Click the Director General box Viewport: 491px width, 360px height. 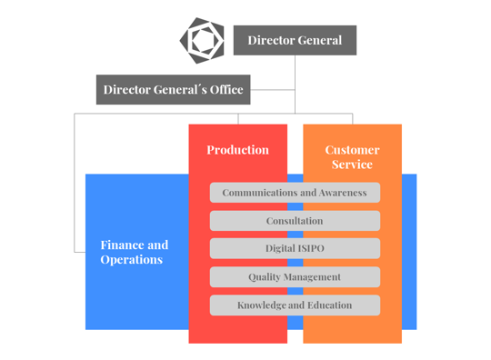pos(295,40)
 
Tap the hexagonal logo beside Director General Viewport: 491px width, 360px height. pos(202,40)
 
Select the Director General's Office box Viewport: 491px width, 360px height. pos(173,89)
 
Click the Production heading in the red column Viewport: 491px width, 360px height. pos(237,150)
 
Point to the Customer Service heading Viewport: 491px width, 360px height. pos(352,156)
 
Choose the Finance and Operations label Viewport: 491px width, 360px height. pos(134,252)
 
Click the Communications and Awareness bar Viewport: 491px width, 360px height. pos(295,193)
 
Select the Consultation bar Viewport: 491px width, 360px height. pos(295,221)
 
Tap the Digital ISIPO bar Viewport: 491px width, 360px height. pos(295,248)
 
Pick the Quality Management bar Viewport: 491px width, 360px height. pos(295,276)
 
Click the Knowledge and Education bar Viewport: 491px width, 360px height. pos(295,305)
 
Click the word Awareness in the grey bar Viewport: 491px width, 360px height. pos(336,193)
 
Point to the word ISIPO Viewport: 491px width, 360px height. pos(309,248)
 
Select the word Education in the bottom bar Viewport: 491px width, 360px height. pos(329,305)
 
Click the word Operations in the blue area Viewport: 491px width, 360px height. pos(132,260)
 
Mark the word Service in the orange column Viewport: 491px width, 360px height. pos(352,165)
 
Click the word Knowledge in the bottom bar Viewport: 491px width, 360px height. pos(262,305)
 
